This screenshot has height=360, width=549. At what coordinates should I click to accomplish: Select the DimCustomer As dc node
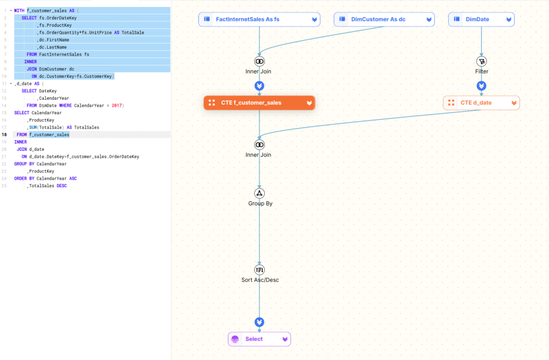[378, 19]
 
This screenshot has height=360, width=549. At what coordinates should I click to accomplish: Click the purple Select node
[254, 339]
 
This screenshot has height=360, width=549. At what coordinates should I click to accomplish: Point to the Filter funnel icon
[481, 61]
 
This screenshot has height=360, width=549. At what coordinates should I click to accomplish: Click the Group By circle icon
[260, 193]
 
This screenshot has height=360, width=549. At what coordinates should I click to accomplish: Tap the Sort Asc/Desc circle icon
[260, 269]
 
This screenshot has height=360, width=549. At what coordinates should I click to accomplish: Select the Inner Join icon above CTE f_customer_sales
[260, 61]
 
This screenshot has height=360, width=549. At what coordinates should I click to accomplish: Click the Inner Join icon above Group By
[260, 144]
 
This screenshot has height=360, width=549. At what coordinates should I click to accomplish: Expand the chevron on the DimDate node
[508, 20]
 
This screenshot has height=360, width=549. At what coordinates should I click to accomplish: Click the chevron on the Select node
[285, 339]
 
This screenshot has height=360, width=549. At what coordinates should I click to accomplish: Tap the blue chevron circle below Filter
[481, 86]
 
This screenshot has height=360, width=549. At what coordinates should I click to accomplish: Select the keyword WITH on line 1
[20, 10]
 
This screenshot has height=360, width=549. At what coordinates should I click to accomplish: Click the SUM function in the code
[33, 127]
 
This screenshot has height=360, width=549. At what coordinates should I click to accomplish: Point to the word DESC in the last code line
[62, 186]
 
